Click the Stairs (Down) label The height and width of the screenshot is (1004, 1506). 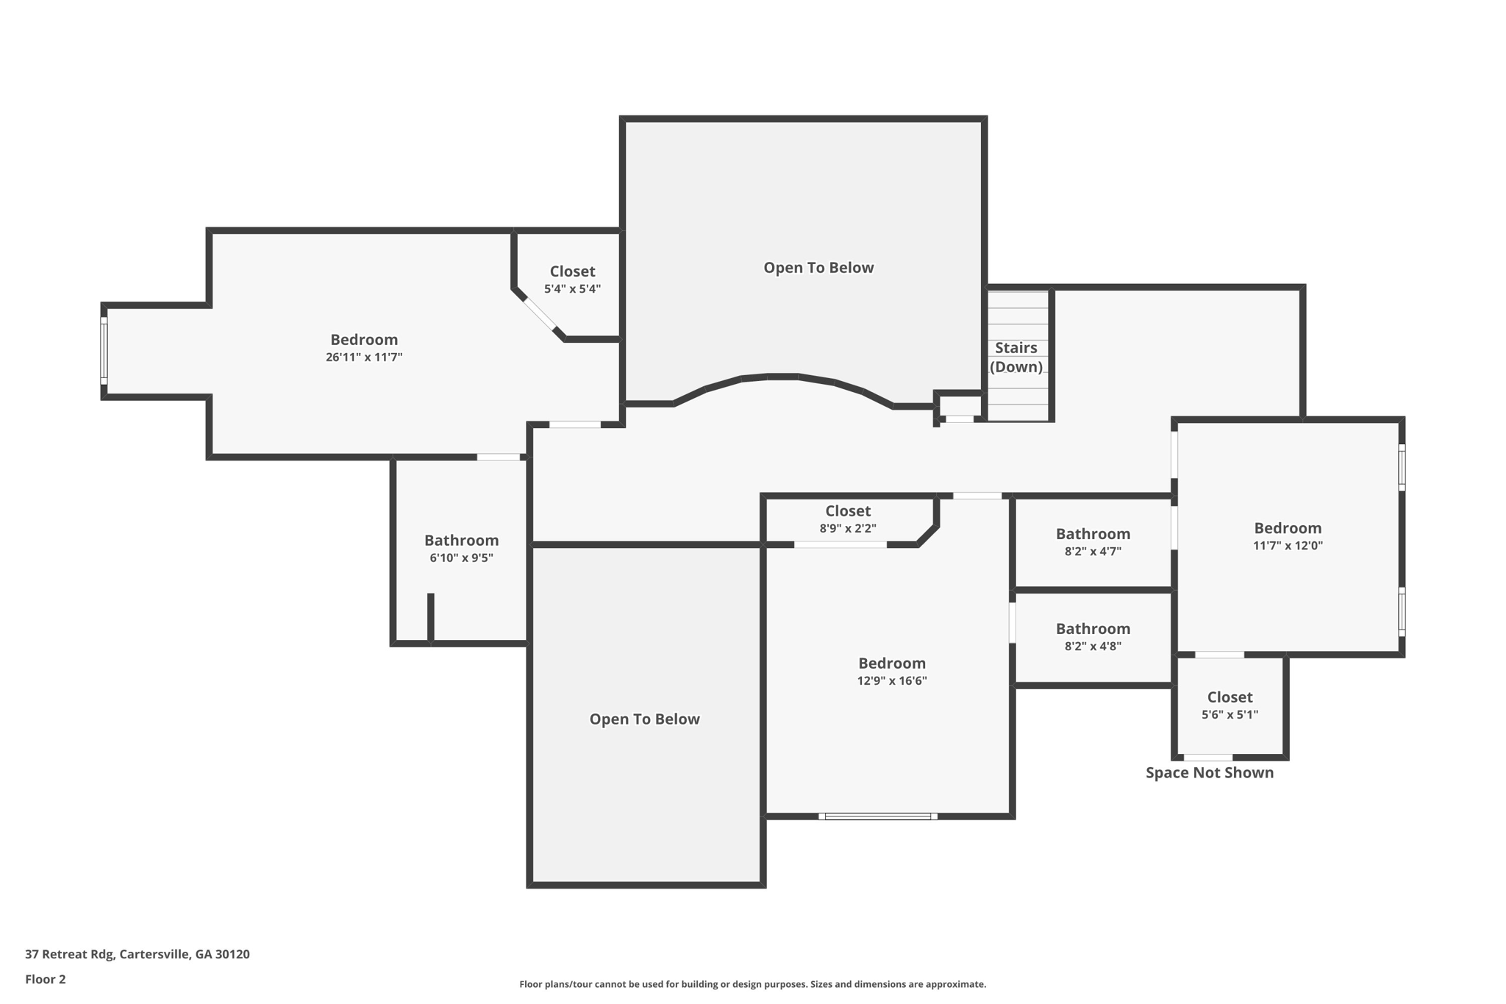(x=1016, y=357)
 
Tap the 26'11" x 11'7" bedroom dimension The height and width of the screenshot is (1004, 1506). (x=364, y=357)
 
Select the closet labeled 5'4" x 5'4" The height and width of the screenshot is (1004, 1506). (x=572, y=280)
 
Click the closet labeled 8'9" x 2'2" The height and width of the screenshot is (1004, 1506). (x=847, y=519)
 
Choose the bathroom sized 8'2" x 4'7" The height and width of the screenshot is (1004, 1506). (x=1093, y=542)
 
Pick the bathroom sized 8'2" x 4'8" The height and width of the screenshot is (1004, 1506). (x=1093, y=637)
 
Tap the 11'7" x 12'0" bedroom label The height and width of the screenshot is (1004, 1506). (x=1288, y=546)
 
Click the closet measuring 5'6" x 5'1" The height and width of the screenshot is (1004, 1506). (x=1230, y=705)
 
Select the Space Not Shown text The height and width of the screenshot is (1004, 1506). (x=1209, y=772)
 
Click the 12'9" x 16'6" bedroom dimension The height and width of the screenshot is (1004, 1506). (x=891, y=681)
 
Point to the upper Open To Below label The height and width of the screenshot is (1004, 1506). (x=818, y=268)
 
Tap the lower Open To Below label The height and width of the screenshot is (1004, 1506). (x=644, y=719)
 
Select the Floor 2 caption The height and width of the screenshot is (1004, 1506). (x=46, y=979)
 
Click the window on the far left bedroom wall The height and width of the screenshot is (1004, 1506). (x=104, y=351)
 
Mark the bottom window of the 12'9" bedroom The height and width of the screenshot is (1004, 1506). (x=877, y=816)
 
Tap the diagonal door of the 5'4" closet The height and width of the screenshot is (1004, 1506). (x=539, y=314)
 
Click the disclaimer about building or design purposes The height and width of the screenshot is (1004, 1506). (x=752, y=984)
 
